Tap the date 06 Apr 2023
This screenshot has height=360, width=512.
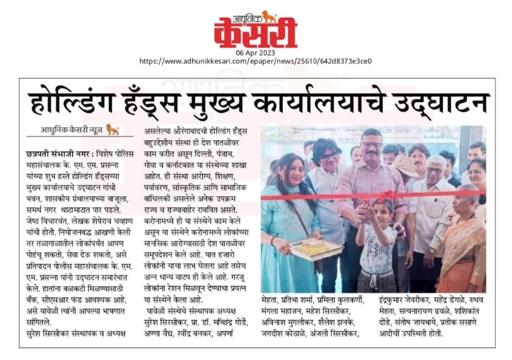[x=255, y=53]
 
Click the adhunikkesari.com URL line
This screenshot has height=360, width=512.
[x=255, y=61]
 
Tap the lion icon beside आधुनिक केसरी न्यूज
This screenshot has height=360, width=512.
[x=112, y=129]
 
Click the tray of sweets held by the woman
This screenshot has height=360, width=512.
[x=316, y=248]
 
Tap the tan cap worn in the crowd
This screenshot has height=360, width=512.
[x=406, y=165]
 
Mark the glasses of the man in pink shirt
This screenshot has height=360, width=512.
[x=372, y=145]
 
